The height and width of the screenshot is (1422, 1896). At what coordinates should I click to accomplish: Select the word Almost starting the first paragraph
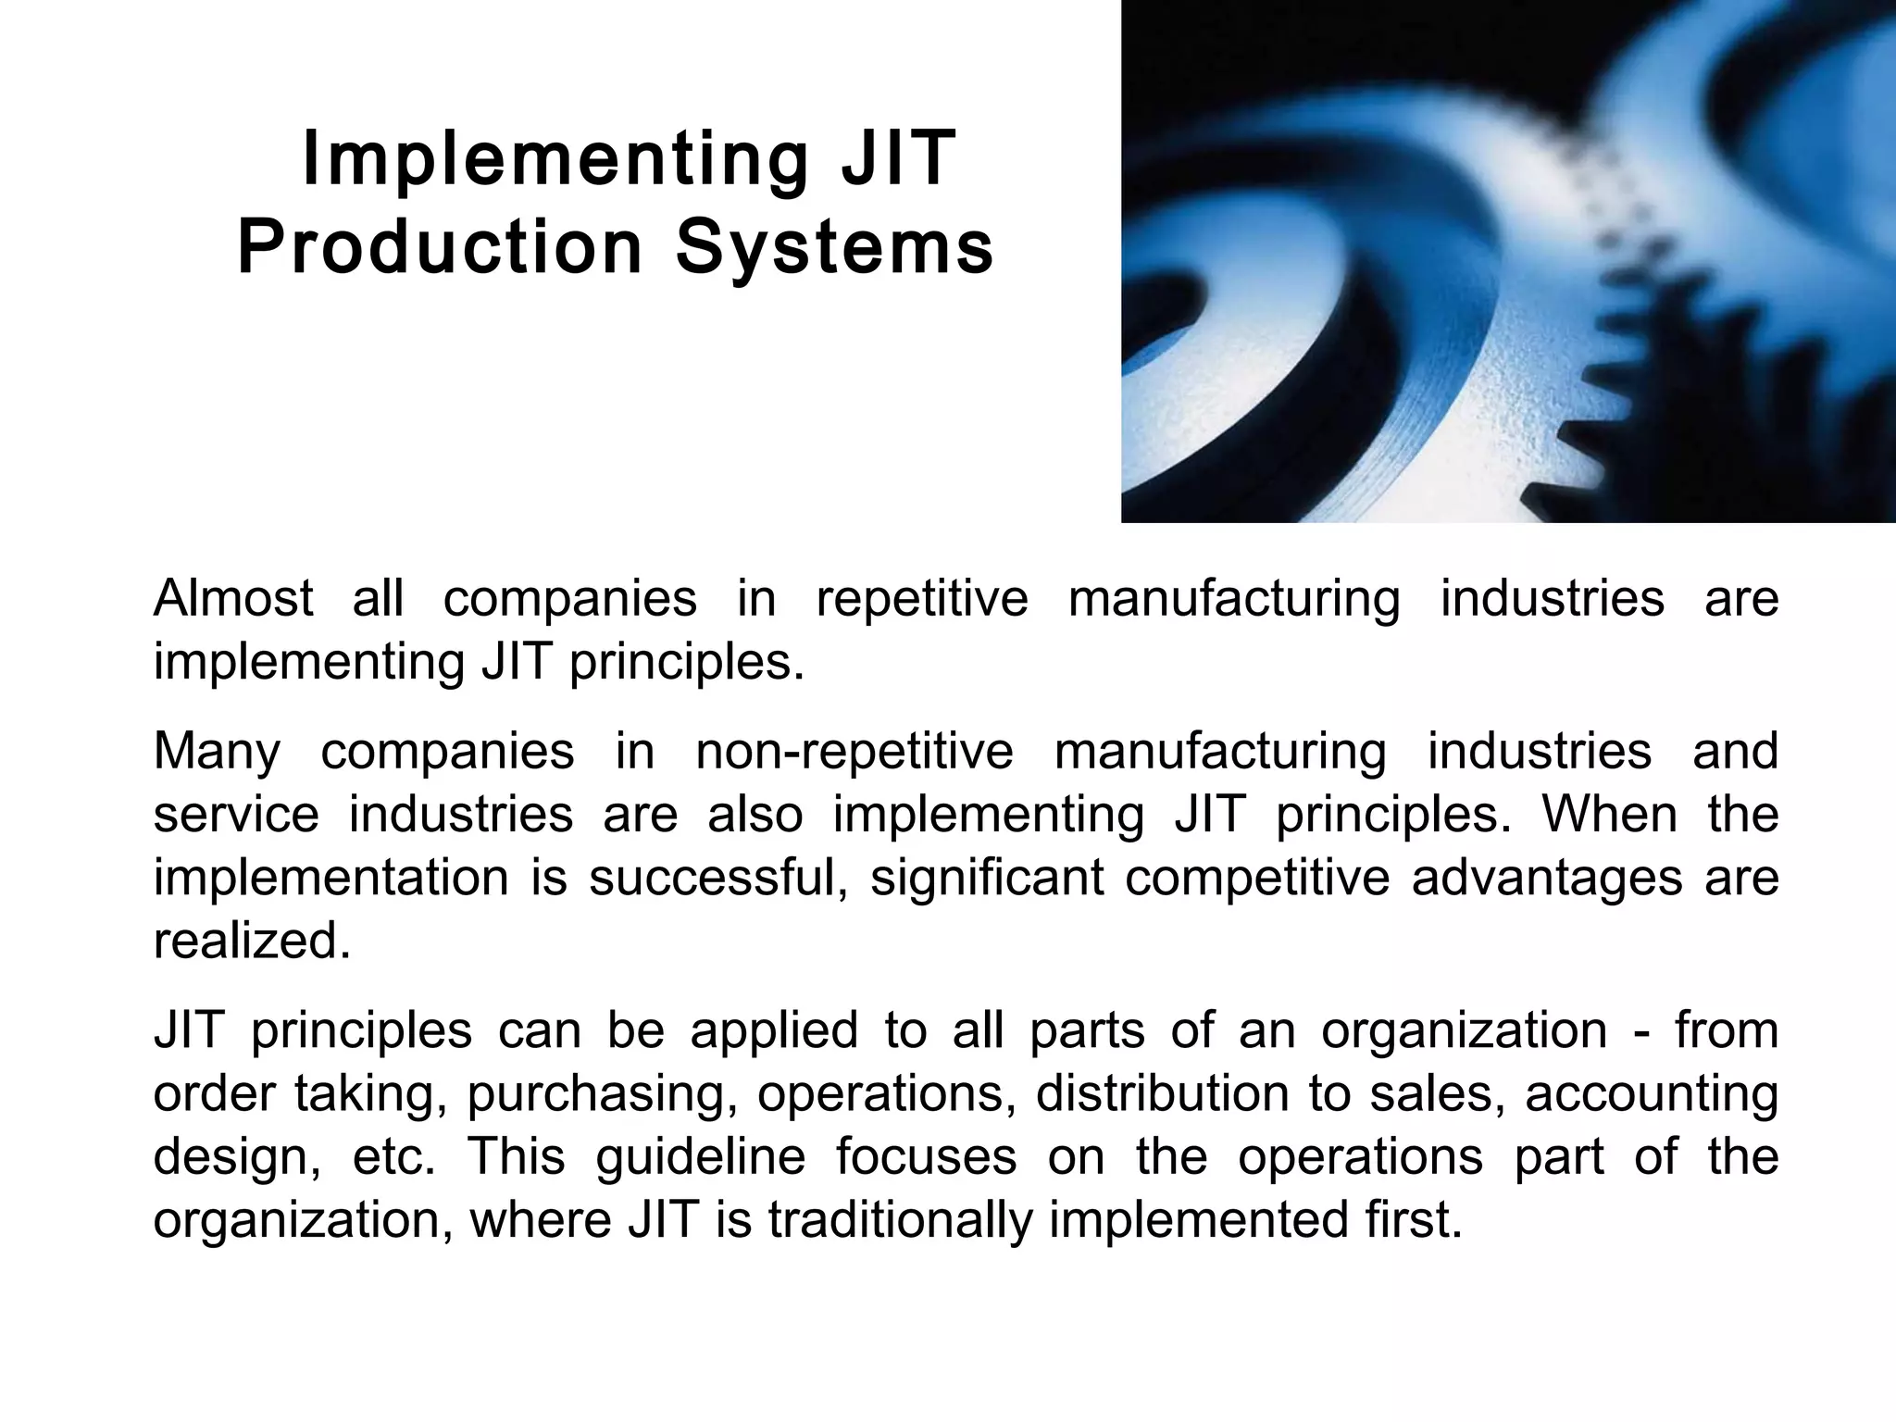coord(233,598)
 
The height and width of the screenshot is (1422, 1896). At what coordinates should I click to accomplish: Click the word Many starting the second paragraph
coord(217,752)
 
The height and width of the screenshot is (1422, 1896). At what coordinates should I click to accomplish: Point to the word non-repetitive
coord(854,751)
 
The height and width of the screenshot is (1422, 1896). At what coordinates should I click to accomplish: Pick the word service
coord(236,815)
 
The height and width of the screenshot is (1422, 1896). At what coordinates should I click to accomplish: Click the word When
coord(1609,815)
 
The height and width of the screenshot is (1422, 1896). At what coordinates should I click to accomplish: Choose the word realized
coord(252,942)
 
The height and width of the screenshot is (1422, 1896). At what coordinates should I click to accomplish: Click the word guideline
coord(701,1158)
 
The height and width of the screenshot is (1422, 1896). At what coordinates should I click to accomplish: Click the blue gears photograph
coord(1508,261)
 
